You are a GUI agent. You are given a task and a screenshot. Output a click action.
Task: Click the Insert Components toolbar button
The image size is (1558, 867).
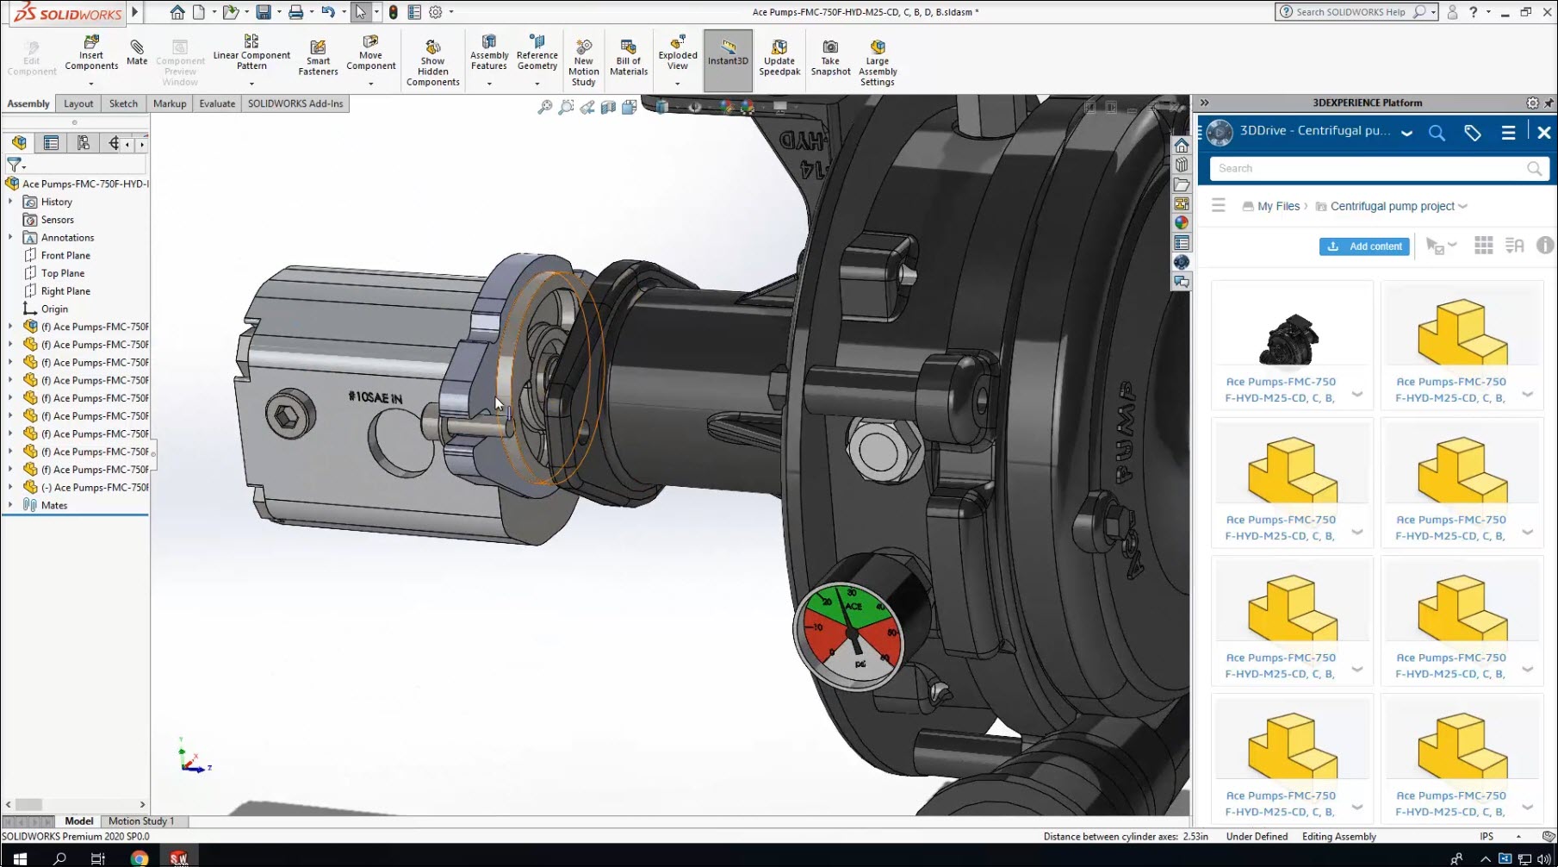(x=91, y=53)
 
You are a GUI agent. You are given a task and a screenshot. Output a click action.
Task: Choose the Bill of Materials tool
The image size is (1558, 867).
(x=629, y=57)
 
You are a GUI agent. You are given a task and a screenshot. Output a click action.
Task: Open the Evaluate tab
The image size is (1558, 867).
(x=217, y=103)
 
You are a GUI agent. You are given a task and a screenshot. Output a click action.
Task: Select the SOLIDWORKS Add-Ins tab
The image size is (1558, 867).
(x=295, y=103)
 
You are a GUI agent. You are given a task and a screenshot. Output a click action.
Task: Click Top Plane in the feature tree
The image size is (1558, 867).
(x=62, y=273)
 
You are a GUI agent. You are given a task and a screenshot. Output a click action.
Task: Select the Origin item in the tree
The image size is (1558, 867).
(x=54, y=309)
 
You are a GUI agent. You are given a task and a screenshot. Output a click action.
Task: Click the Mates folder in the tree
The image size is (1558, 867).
(x=53, y=505)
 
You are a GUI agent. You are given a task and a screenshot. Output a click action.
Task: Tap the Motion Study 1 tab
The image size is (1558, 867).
(x=141, y=821)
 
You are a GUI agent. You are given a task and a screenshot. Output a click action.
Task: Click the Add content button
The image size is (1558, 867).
(x=1364, y=246)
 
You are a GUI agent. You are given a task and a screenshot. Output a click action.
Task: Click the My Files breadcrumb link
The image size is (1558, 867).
(x=1278, y=206)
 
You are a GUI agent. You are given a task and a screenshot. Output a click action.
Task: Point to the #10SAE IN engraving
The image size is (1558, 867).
(x=375, y=397)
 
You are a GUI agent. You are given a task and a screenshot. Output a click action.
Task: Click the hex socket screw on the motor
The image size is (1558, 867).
(x=286, y=417)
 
